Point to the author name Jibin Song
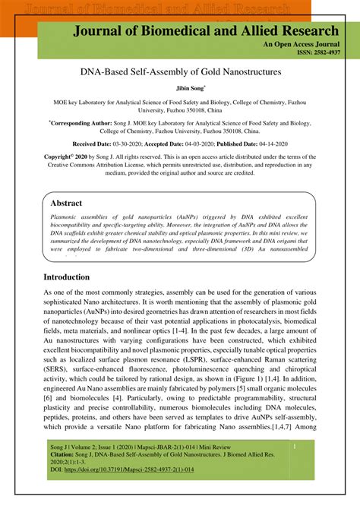click(179, 89)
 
